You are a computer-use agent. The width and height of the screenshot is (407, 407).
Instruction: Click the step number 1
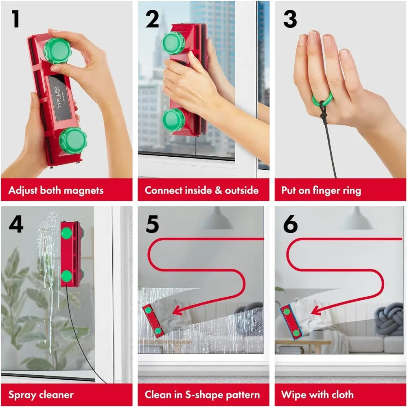(15, 19)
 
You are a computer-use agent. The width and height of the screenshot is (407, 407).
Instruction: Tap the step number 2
(152, 19)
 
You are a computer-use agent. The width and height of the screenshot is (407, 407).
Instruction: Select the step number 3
(289, 19)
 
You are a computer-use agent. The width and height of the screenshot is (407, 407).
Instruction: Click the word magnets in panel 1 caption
(83, 190)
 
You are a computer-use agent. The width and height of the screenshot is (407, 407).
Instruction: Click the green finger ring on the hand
(322, 99)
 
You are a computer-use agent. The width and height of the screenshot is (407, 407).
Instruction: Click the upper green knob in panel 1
(57, 51)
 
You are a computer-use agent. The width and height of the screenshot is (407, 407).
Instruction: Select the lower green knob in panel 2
(173, 120)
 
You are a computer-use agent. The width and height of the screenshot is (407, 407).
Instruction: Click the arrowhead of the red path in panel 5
(176, 312)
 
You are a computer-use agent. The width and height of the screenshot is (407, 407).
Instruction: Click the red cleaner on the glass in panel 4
(72, 254)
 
